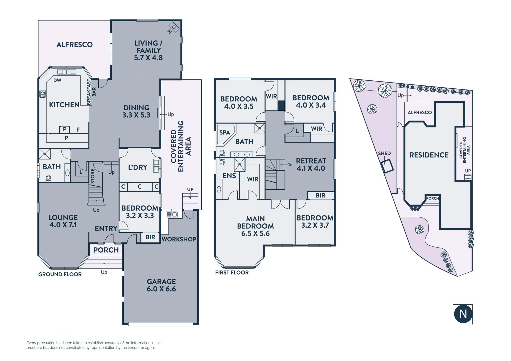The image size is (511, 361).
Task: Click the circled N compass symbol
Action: point(463,314)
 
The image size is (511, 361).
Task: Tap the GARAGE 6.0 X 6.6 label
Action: point(161,285)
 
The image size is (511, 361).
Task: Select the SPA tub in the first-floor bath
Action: point(226,134)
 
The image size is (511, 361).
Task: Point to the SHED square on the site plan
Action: point(387,166)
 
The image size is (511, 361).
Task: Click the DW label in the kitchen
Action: point(57,80)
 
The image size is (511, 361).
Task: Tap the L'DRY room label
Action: point(138,167)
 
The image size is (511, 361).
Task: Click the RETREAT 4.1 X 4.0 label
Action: point(311,165)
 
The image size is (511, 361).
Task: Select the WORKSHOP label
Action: point(179,239)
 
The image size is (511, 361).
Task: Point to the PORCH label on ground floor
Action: point(106,250)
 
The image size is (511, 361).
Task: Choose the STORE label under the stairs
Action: point(93,176)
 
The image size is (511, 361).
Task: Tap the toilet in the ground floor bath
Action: point(48,178)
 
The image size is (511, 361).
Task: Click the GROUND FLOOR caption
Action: point(60,274)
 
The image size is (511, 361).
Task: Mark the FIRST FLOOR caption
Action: point(232,272)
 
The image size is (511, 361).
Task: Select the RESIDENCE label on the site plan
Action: point(429,155)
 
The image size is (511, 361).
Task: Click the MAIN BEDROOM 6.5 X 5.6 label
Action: point(255,226)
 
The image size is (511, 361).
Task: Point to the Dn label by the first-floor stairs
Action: point(290,165)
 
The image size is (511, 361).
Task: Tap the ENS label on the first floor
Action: point(229,175)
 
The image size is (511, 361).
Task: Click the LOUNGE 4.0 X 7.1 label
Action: point(63,221)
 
